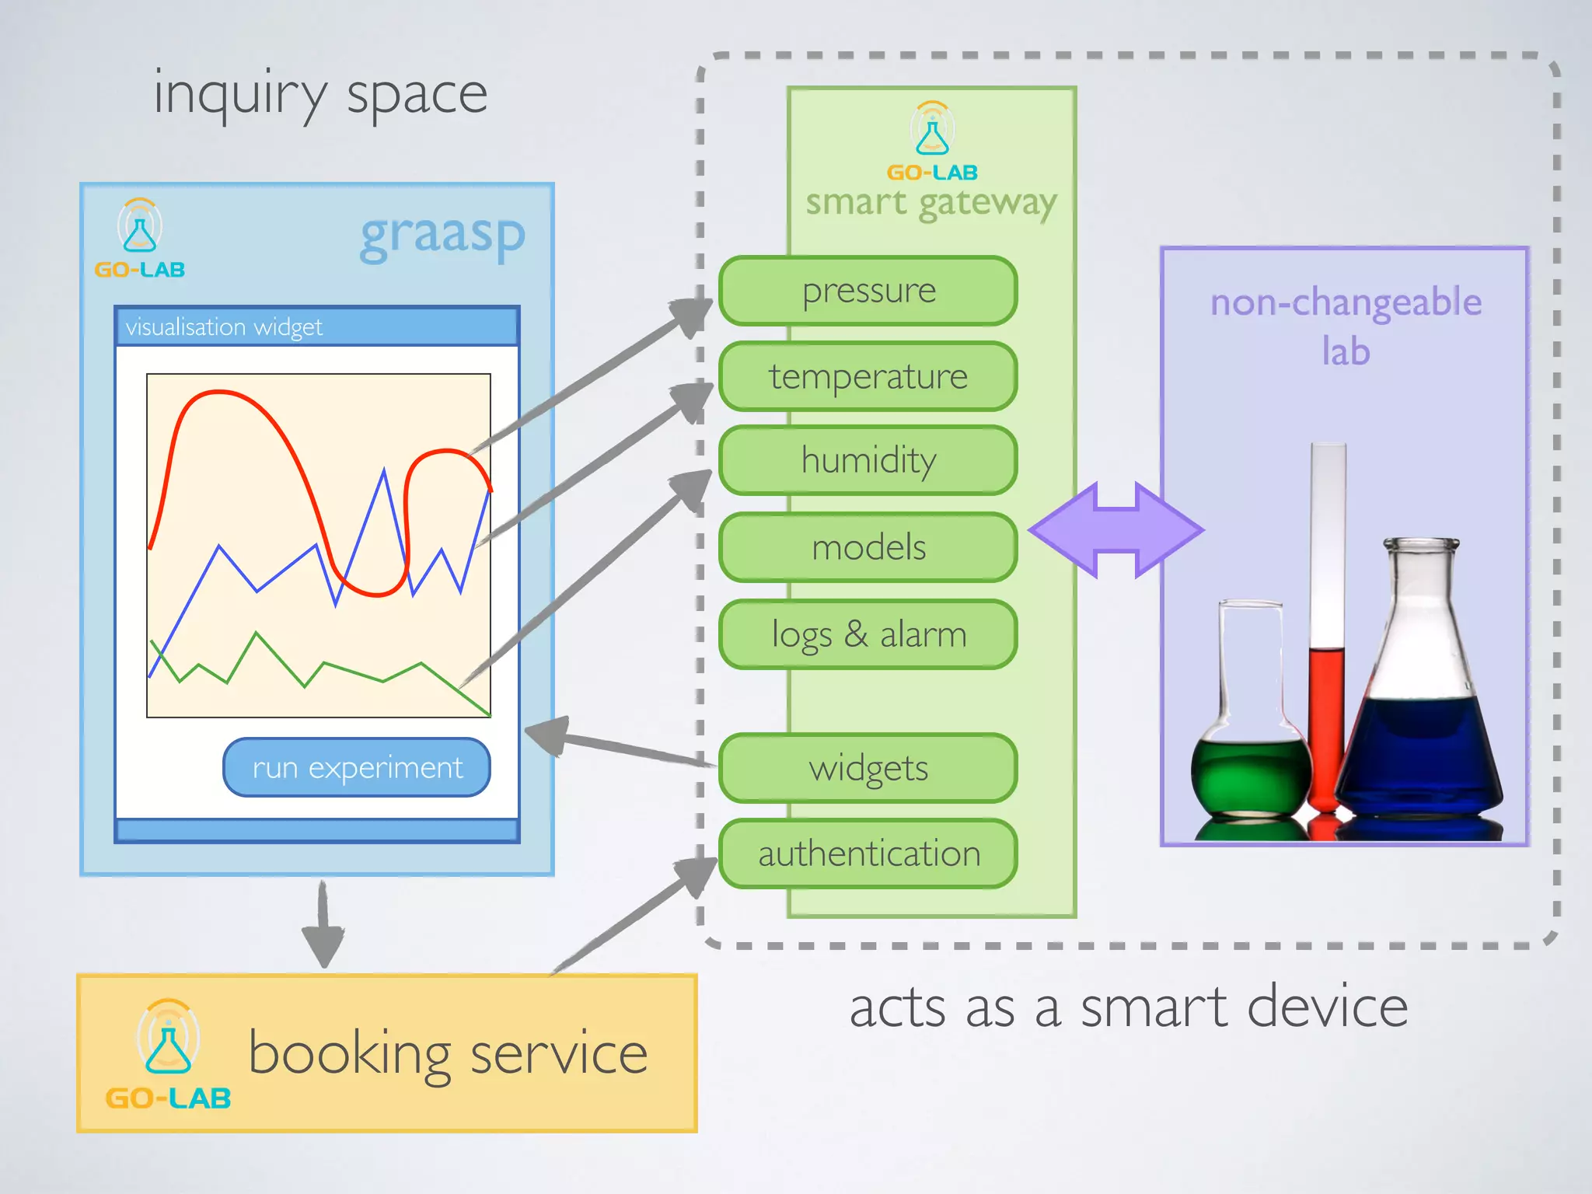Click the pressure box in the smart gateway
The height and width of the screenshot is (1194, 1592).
(x=868, y=291)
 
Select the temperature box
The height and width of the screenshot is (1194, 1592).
(x=868, y=376)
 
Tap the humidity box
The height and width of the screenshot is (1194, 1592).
(x=868, y=460)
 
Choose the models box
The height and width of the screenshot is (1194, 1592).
(x=868, y=547)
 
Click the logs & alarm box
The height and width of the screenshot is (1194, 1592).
(x=868, y=634)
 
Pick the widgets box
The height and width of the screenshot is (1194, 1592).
(x=868, y=768)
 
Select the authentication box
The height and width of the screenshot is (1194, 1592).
(x=868, y=854)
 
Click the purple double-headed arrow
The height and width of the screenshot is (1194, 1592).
(x=1116, y=530)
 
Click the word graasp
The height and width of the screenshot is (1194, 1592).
(x=442, y=236)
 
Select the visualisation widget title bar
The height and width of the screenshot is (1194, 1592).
(x=316, y=326)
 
